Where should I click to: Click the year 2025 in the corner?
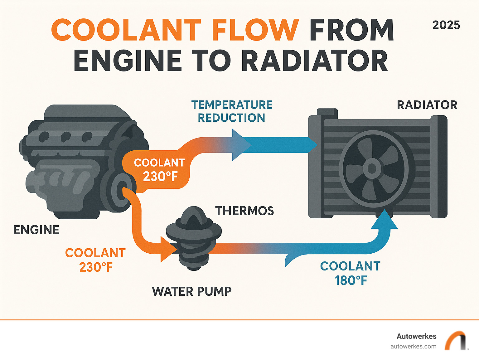[x=446, y=25]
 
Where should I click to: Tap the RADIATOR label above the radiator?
[x=427, y=105]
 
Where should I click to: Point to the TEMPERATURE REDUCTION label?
[x=232, y=111]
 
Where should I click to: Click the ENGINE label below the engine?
[x=36, y=230]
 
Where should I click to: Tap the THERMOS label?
[x=244, y=211]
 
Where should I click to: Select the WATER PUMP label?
[x=192, y=291]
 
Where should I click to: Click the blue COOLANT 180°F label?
[x=351, y=273]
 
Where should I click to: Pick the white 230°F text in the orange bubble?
[x=160, y=177]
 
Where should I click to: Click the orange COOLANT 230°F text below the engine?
[x=95, y=260]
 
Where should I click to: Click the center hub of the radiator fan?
[x=372, y=168]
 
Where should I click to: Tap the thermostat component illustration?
[x=194, y=237]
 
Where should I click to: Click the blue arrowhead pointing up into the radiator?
[x=385, y=220]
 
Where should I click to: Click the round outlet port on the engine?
[x=123, y=190]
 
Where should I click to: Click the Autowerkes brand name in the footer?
[x=416, y=336]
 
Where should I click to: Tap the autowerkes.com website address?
[x=413, y=346]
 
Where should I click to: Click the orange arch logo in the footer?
[x=455, y=341]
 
